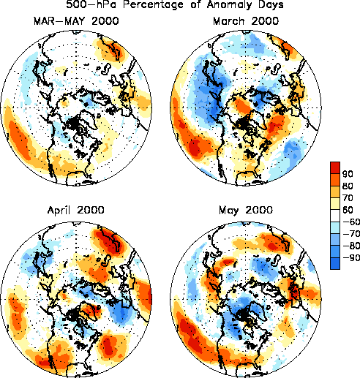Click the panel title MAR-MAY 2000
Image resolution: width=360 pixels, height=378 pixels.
(x=76, y=21)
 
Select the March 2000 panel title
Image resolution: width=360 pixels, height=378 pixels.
(x=246, y=21)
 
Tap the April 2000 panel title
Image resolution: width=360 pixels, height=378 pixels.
(x=76, y=210)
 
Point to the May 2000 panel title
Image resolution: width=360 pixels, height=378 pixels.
(x=246, y=211)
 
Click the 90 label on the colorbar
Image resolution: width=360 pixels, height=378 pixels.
(x=348, y=174)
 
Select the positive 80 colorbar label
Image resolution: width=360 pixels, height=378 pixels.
(x=348, y=186)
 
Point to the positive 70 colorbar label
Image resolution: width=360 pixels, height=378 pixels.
(x=348, y=198)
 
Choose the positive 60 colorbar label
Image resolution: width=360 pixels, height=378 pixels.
(x=348, y=210)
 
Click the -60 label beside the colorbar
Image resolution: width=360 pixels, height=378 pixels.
(x=351, y=222)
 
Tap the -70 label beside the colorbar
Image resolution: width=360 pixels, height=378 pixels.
(x=351, y=234)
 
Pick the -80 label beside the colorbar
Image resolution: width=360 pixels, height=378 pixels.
(x=351, y=246)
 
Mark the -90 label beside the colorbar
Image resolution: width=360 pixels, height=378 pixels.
(x=351, y=257)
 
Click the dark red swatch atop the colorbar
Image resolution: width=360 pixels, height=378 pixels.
(x=335, y=168)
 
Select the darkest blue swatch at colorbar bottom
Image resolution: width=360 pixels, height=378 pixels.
(x=335, y=263)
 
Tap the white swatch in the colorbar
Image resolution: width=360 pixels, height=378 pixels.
(x=335, y=216)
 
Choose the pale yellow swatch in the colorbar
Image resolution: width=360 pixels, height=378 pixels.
(x=335, y=204)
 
